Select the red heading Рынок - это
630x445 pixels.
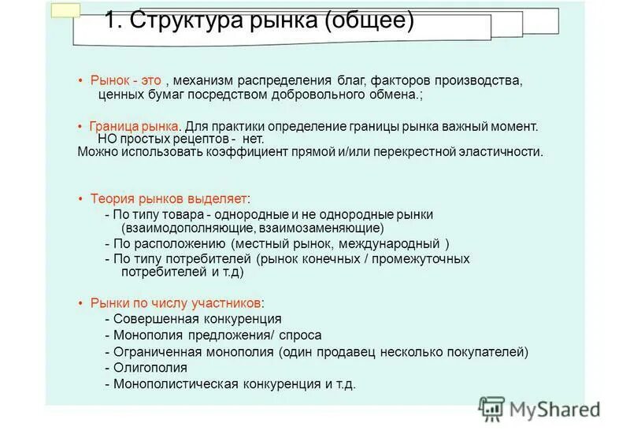coord(126,80)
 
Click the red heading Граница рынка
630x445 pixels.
coord(135,126)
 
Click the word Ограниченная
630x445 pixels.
coord(154,351)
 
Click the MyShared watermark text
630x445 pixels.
coord(554,409)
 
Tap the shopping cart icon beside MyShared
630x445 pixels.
coord(491,408)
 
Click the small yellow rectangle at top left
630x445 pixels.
coord(65,9)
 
